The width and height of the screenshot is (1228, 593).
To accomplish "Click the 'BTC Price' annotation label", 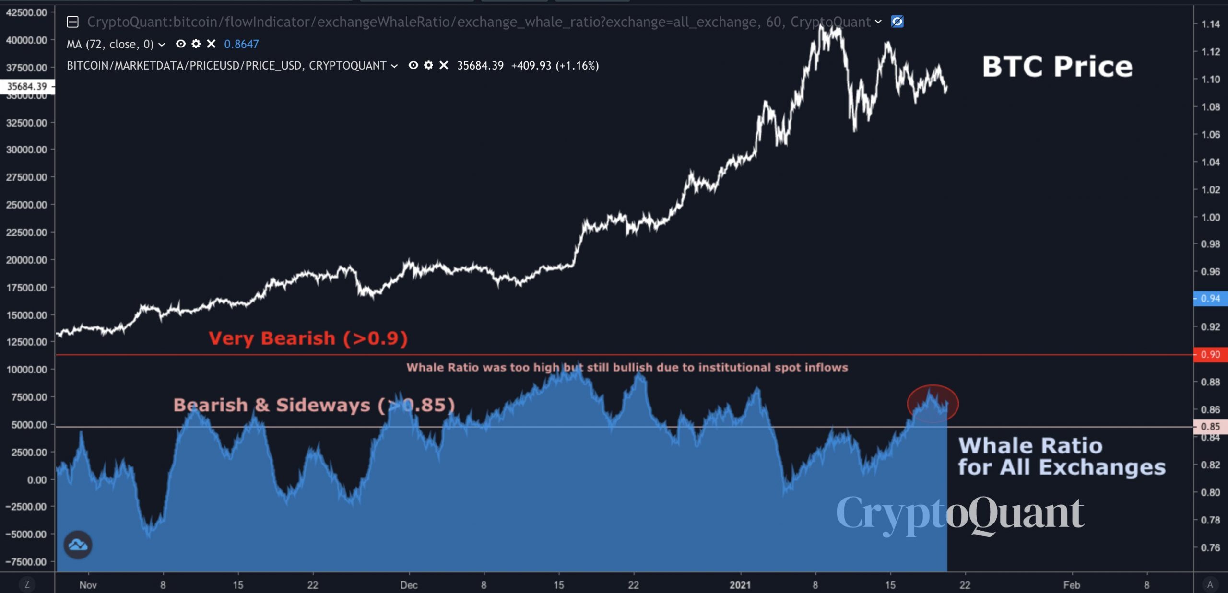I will [1057, 67].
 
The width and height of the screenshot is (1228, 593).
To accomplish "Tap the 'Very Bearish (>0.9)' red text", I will [308, 338].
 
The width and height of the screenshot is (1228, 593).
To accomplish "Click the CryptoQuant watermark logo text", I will [959, 513].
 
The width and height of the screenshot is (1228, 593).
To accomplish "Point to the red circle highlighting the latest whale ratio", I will [933, 404].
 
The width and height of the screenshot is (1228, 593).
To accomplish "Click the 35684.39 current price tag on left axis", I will [27, 87].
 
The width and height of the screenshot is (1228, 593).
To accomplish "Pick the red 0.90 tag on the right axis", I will [1210, 355].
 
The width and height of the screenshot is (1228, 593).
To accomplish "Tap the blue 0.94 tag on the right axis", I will [1210, 299].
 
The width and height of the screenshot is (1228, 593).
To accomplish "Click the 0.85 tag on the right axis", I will [1210, 427].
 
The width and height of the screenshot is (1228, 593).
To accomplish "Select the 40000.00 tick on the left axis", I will [27, 40].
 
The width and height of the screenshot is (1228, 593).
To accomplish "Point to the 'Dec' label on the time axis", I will [409, 585].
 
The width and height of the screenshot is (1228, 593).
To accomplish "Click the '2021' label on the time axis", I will [740, 585].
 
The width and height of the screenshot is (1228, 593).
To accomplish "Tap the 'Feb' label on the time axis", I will [1072, 585].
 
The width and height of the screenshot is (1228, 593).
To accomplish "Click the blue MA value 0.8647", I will [241, 44].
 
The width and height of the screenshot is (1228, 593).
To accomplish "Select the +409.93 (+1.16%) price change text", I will [555, 66].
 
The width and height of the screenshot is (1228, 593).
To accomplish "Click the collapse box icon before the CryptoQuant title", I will [72, 22].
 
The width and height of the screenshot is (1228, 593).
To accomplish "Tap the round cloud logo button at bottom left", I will [78, 545].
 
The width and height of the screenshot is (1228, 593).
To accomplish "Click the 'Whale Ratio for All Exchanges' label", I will [1061, 456].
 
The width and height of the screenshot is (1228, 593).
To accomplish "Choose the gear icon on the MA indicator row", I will [196, 44].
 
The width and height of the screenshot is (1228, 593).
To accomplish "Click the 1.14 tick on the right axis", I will [1210, 24].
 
